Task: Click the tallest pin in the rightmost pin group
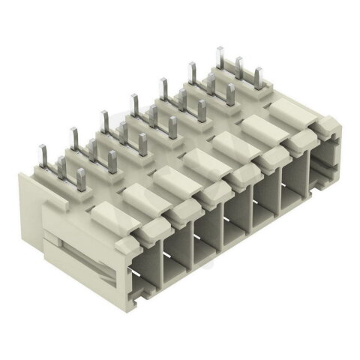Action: [x=220, y=60]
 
